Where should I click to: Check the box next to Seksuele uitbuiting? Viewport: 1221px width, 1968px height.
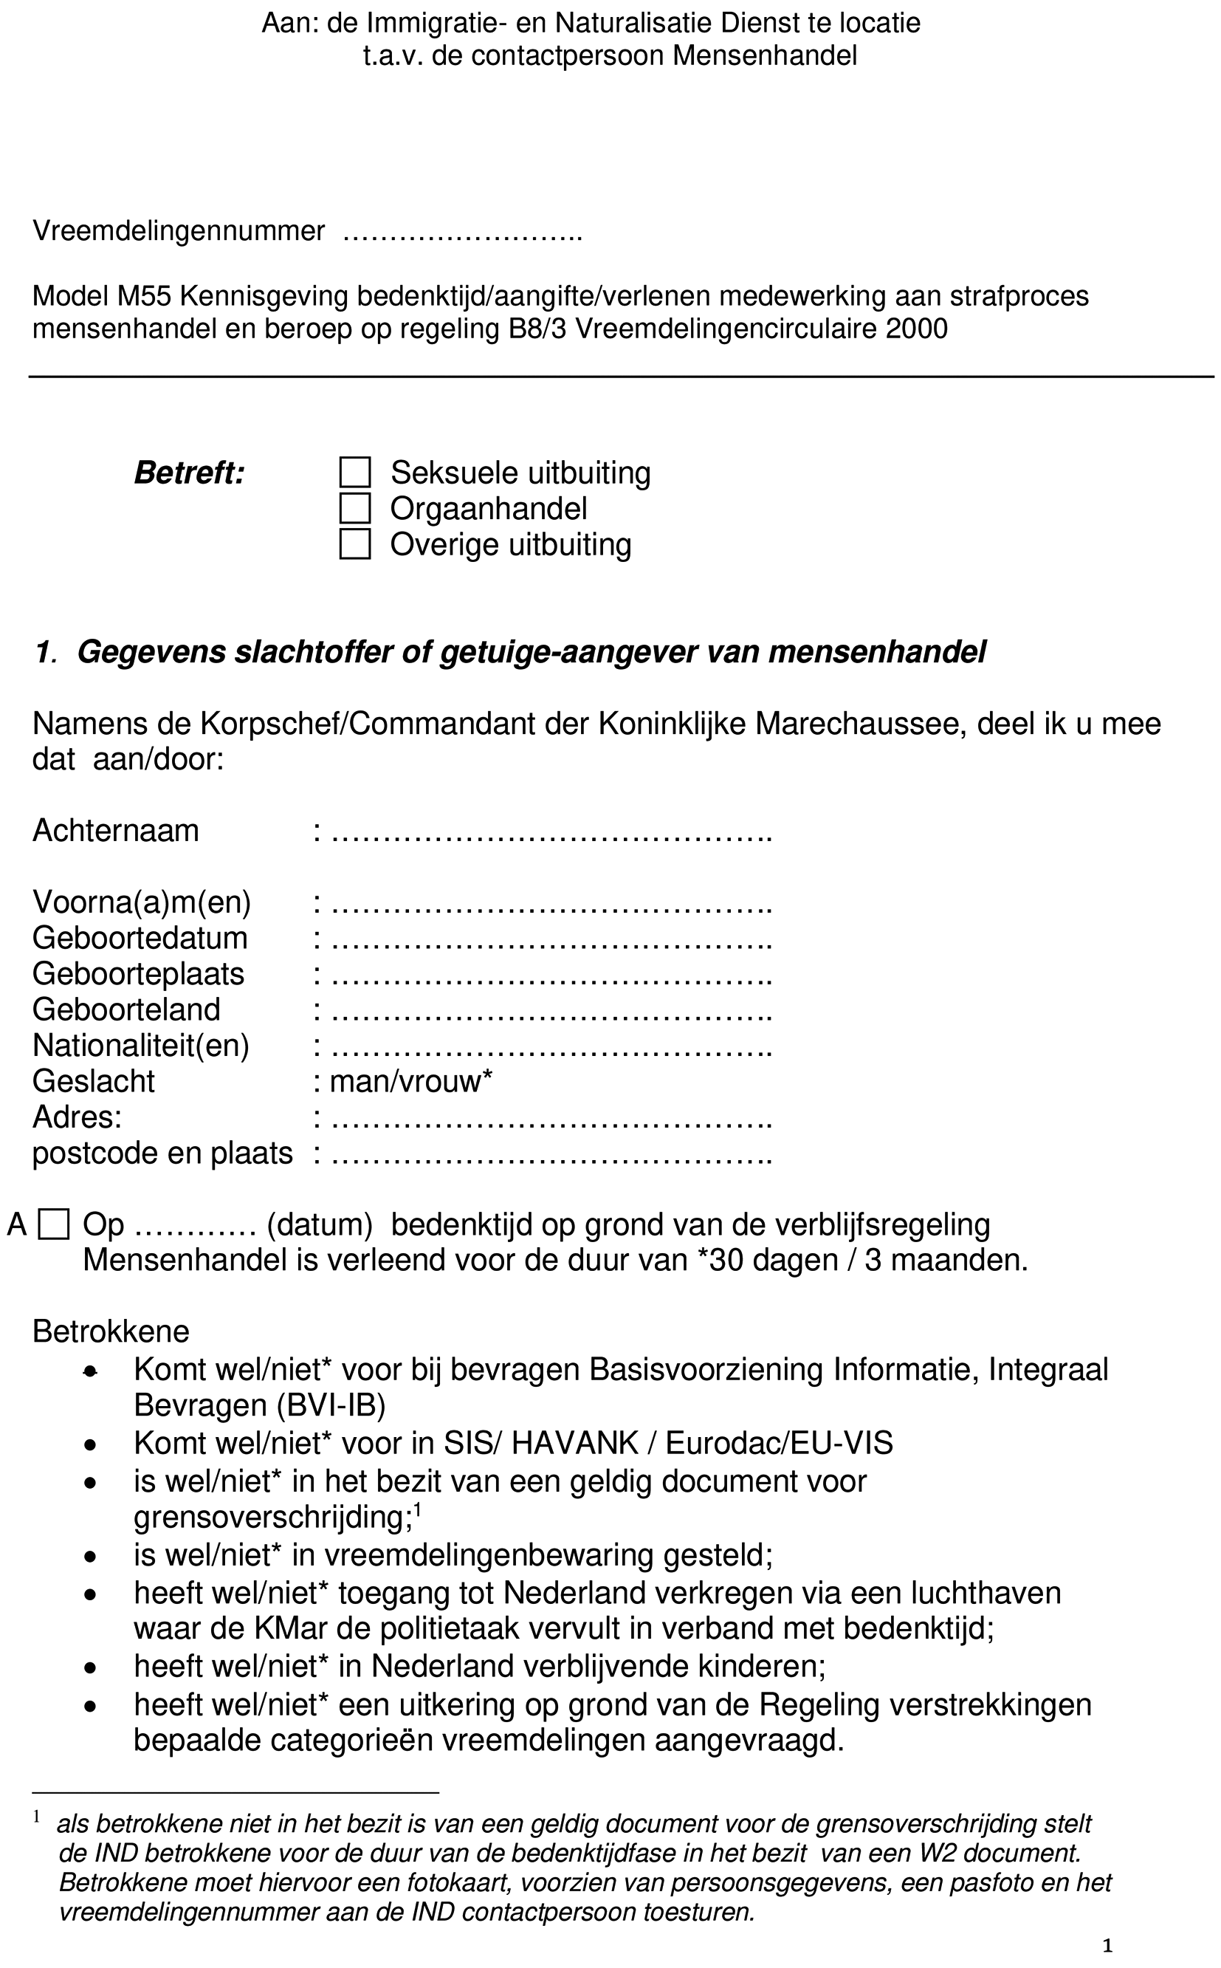(x=354, y=473)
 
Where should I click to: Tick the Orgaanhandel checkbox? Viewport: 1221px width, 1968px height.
(x=354, y=509)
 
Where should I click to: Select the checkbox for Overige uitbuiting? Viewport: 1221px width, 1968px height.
(x=354, y=544)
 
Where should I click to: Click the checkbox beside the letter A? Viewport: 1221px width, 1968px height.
(x=54, y=1224)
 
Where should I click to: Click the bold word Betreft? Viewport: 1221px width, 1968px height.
(x=189, y=473)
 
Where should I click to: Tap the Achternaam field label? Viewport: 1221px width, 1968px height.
(x=115, y=831)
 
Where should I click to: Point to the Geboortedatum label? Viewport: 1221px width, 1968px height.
(x=140, y=939)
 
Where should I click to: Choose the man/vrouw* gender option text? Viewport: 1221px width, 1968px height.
(x=411, y=1081)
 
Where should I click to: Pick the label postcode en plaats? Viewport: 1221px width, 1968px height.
(x=162, y=1153)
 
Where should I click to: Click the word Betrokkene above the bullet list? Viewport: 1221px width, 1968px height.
(x=111, y=1331)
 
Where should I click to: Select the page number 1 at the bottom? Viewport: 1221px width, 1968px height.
(x=1107, y=1946)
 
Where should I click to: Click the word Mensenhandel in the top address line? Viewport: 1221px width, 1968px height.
(x=764, y=55)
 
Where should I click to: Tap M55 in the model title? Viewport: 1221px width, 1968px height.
(x=144, y=296)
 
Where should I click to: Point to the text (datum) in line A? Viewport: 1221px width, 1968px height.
(x=319, y=1225)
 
